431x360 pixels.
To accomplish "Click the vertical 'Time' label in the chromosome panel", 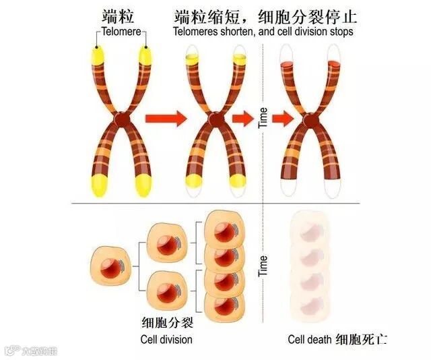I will [263, 119].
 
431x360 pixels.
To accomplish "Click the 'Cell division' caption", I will [166, 339].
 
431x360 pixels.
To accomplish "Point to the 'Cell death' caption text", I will [310, 339].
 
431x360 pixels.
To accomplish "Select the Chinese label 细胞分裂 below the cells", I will [166, 322].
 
